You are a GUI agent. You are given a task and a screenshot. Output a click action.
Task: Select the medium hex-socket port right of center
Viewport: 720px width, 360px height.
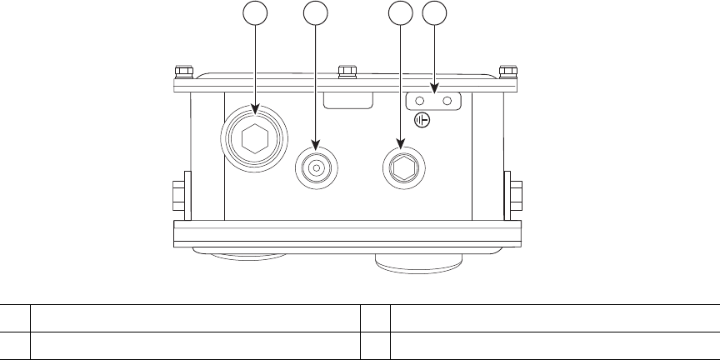point(402,167)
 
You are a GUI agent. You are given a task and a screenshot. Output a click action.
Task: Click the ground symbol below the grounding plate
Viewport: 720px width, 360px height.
point(422,121)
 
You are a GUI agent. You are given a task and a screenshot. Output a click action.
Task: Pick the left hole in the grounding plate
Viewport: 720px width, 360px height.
point(419,101)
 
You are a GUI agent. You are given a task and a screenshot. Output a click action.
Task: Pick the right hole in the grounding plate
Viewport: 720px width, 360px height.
point(447,101)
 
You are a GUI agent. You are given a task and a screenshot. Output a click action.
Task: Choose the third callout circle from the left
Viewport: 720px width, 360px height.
point(401,12)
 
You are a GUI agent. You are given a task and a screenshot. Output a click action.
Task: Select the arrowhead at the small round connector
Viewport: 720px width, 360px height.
point(316,147)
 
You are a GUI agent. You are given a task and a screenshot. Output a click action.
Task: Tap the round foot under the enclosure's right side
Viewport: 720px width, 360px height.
point(417,259)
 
